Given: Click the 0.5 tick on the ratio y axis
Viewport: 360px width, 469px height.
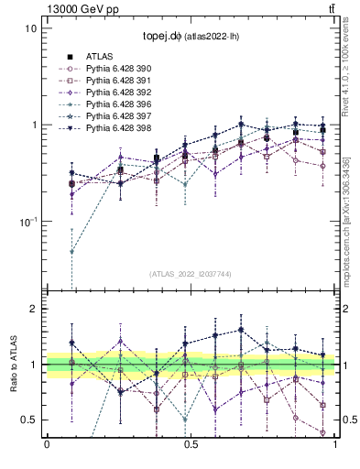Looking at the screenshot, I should coord(27,420).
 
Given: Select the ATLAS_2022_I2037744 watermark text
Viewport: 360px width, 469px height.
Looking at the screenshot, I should coord(191,274).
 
